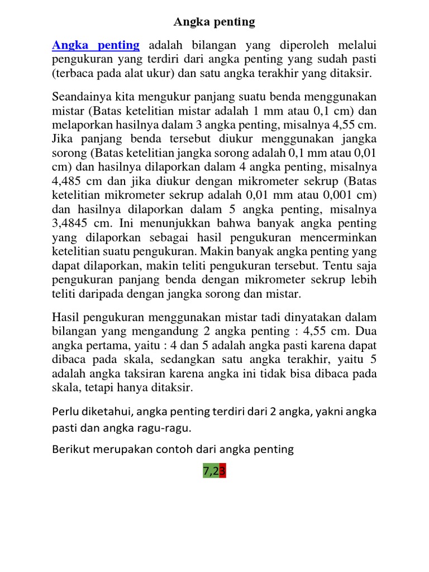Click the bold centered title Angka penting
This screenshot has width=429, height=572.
click(214, 22)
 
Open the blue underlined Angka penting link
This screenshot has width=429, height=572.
click(96, 45)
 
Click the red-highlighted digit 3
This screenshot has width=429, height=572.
click(222, 471)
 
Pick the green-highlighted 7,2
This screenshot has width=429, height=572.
click(211, 471)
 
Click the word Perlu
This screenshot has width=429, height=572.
click(65, 412)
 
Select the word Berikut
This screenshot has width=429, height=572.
click(70, 449)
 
